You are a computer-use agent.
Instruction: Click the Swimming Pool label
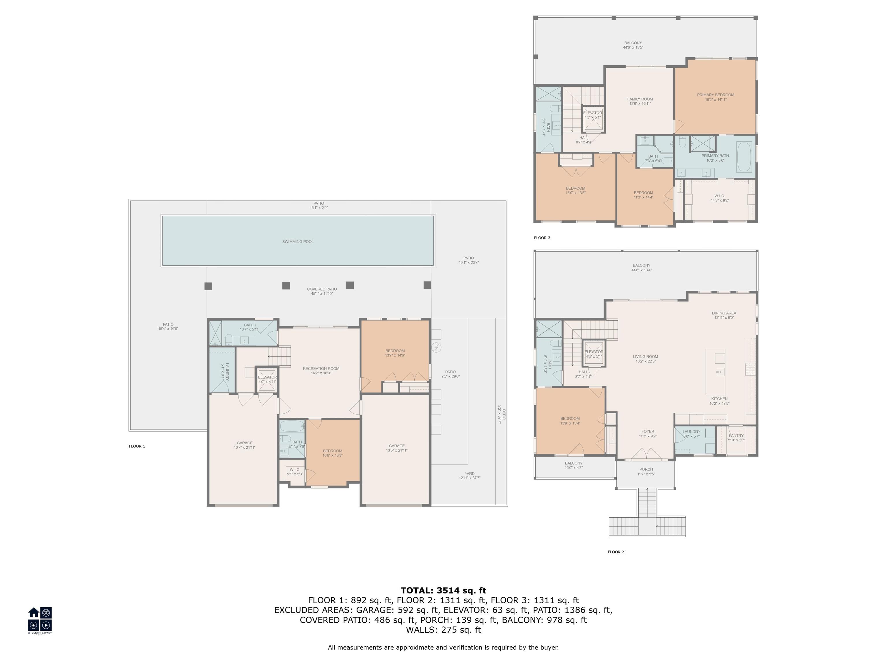[297, 242]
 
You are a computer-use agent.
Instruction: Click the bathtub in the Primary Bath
[745, 157]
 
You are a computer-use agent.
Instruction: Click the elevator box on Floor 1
[267, 380]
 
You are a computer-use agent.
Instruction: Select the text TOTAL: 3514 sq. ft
[443, 591]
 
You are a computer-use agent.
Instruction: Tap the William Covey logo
[40, 620]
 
